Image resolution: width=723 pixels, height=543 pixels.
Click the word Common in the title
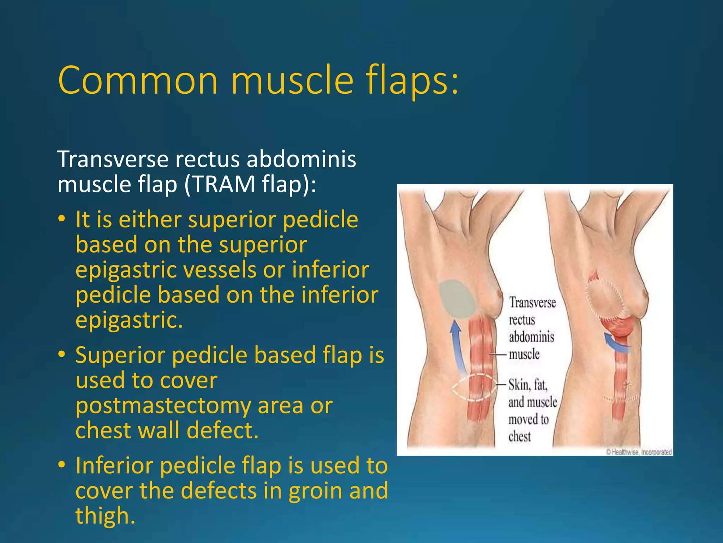(x=138, y=81)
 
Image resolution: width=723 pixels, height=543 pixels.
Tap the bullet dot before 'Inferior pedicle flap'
(x=62, y=465)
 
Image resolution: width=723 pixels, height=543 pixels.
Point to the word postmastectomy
(x=163, y=406)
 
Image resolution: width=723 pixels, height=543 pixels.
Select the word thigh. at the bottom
(x=105, y=515)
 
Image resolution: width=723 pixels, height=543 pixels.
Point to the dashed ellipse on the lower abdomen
(x=473, y=387)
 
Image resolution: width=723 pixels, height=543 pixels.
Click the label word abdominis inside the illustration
(x=531, y=337)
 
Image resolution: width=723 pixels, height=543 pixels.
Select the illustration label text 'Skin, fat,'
(x=527, y=385)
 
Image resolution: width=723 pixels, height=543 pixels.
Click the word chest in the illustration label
(x=519, y=437)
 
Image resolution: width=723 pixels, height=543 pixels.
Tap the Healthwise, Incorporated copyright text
(x=639, y=452)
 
